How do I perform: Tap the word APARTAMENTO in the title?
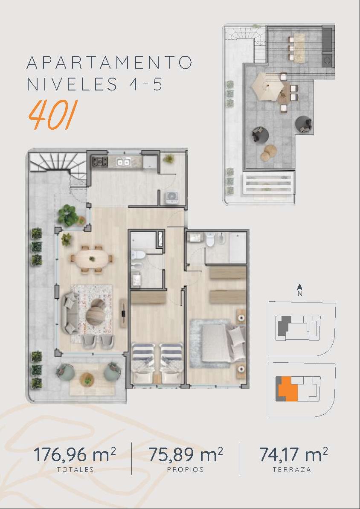tap(109, 62)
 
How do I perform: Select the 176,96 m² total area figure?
tap(75, 454)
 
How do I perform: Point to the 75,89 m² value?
tap(186, 454)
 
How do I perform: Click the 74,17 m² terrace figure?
tap(293, 454)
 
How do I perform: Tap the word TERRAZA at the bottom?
tap(292, 469)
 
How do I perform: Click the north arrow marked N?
tap(300, 289)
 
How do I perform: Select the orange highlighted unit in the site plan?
tap(288, 389)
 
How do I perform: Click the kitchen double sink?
tap(124, 161)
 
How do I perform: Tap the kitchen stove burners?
tap(100, 161)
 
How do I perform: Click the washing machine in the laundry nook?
tap(171, 198)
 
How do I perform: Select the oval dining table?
tap(92, 259)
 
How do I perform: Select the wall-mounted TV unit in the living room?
tap(123, 313)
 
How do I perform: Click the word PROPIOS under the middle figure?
tap(186, 469)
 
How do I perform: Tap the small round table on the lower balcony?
tap(87, 379)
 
